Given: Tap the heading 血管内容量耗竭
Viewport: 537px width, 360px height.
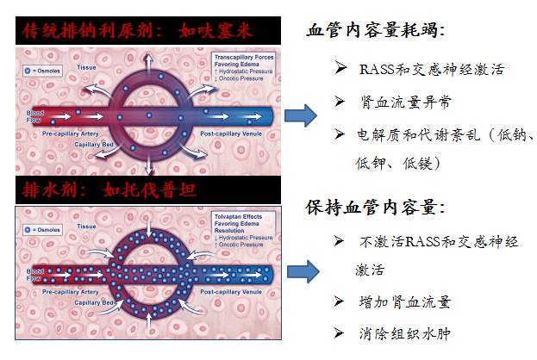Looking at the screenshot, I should [376, 31].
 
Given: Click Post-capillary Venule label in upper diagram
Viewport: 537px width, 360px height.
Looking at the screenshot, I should [232, 134].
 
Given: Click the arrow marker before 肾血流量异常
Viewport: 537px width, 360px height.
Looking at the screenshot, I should [340, 102].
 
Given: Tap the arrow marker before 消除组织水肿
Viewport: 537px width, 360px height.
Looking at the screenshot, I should [340, 333].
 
